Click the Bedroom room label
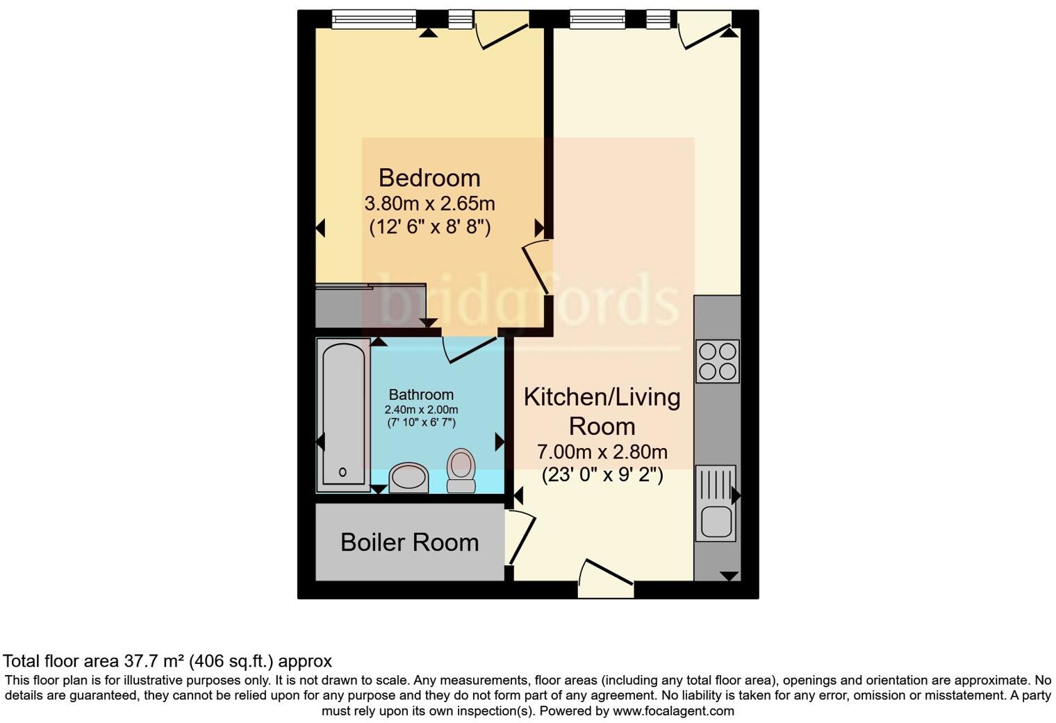tap(429, 178)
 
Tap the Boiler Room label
tap(409, 542)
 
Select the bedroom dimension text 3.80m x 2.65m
tap(429, 203)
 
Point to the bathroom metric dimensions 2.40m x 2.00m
tap(421, 410)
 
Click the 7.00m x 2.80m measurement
tap(602, 452)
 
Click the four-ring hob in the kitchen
tap(718, 361)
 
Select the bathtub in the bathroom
tap(343, 415)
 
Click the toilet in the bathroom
tap(461, 470)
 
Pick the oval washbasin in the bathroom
tap(409, 478)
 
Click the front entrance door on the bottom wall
tap(606, 579)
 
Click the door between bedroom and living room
tap(537, 267)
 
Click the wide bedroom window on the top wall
tap(374, 19)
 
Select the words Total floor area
tap(62, 660)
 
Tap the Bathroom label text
tap(421, 394)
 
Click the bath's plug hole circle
tap(343, 472)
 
